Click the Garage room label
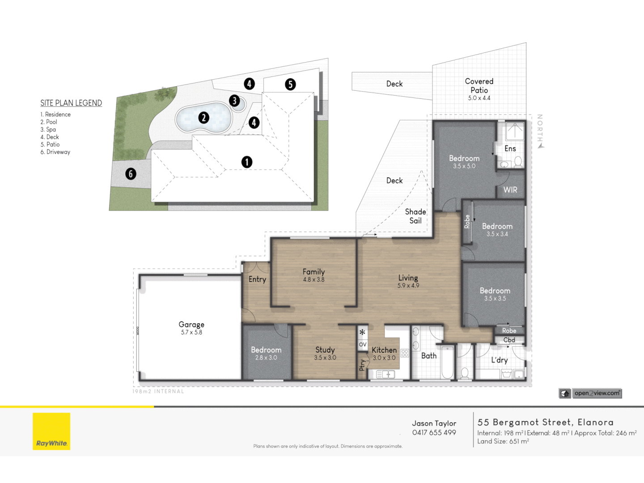point(191,324)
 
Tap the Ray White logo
point(51,431)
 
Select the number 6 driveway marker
point(131,174)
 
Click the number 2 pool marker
point(203,118)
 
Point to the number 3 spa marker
point(234,101)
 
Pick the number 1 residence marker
point(246,162)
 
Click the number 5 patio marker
point(290,84)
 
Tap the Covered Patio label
point(479,86)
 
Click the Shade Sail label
point(415,216)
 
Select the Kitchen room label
point(384,350)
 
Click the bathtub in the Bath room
point(447,362)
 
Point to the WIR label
point(510,190)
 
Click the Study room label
point(325,350)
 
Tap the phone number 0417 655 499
point(434,433)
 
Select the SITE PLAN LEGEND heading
point(71,103)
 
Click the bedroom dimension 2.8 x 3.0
point(266,358)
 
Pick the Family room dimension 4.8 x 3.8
point(314,280)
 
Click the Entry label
point(257,279)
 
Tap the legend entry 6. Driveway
point(55,152)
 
